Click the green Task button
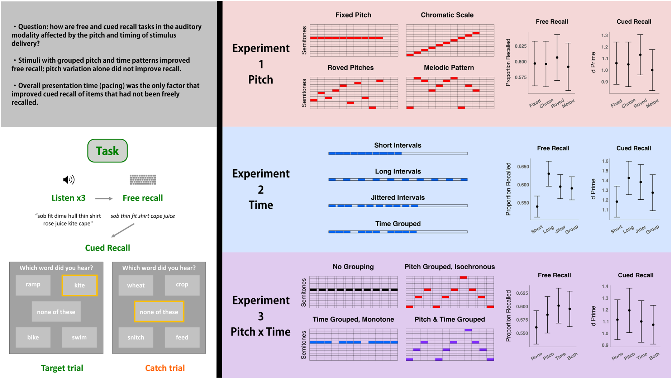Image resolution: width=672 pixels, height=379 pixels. pyautogui.click(x=108, y=151)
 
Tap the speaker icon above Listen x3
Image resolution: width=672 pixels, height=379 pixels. pyautogui.click(x=69, y=179)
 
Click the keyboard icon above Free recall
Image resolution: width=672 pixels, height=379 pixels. pyautogui.click(x=143, y=179)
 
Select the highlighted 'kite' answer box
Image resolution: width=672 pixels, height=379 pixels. pyautogui.click(x=80, y=285)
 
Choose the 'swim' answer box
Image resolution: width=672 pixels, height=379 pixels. pyautogui.click(x=79, y=337)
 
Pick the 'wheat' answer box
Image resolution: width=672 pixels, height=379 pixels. pyautogui.click(x=136, y=285)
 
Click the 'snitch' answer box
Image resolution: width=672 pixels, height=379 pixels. pyautogui.click(x=136, y=337)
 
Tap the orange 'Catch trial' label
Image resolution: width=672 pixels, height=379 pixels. pyautogui.click(x=165, y=368)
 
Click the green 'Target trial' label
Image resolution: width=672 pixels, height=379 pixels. pyautogui.click(x=62, y=368)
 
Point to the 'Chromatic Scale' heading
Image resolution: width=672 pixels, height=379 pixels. pyautogui.click(x=447, y=15)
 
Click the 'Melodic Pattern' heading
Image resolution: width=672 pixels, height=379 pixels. pyautogui.click(x=449, y=67)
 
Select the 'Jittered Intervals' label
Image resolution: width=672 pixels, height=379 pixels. pyautogui.click(x=398, y=198)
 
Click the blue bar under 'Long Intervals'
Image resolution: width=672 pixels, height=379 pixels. pyautogui.click(x=398, y=179)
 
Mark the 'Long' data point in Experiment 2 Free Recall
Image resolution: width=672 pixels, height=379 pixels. pyautogui.click(x=549, y=174)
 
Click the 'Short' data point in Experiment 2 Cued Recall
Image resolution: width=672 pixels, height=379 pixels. pyautogui.click(x=617, y=202)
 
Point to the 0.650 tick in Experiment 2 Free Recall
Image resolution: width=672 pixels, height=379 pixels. pyautogui.click(x=523, y=167)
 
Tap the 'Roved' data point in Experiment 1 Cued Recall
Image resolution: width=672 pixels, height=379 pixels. pyautogui.click(x=640, y=55)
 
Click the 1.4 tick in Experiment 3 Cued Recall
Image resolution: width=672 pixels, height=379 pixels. pyautogui.click(x=605, y=286)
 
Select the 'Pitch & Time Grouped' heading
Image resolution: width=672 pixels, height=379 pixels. pyautogui.click(x=449, y=319)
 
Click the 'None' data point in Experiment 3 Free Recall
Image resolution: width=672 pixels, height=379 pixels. pyautogui.click(x=536, y=327)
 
